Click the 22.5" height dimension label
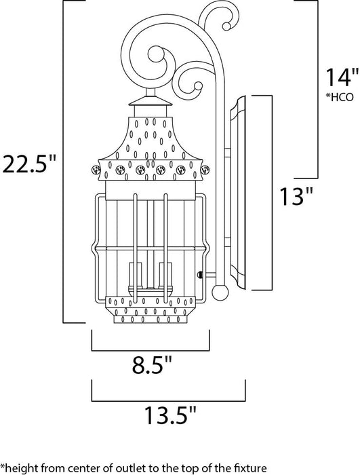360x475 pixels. pos(28,164)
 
